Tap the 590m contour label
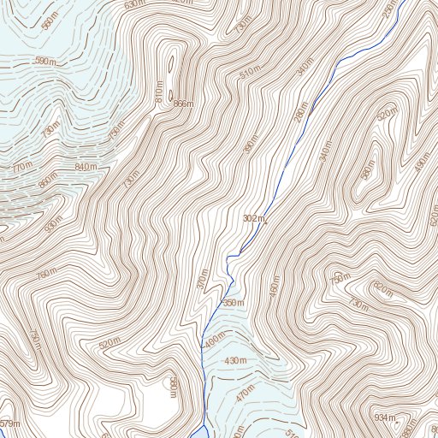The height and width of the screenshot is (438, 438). (x=45, y=62)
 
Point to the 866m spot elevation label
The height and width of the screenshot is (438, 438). (x=183, y=104)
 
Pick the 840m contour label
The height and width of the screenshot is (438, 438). (x=86, y=167)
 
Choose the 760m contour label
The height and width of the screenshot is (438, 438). (x=47, y=274)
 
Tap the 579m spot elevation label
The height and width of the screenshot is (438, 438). (x=9, y=424)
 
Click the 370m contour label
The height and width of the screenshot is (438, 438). (x=202, y=280)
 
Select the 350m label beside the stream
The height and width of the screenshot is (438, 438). (x=233, y=303)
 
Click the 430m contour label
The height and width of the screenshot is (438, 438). (x=235, y=362)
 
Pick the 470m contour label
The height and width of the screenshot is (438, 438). (x=246, y=394)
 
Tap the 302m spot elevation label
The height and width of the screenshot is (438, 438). (x=254, y=219)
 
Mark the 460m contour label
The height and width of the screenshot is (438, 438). (x=274, y=291)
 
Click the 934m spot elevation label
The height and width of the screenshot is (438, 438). (x=385, y=417)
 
